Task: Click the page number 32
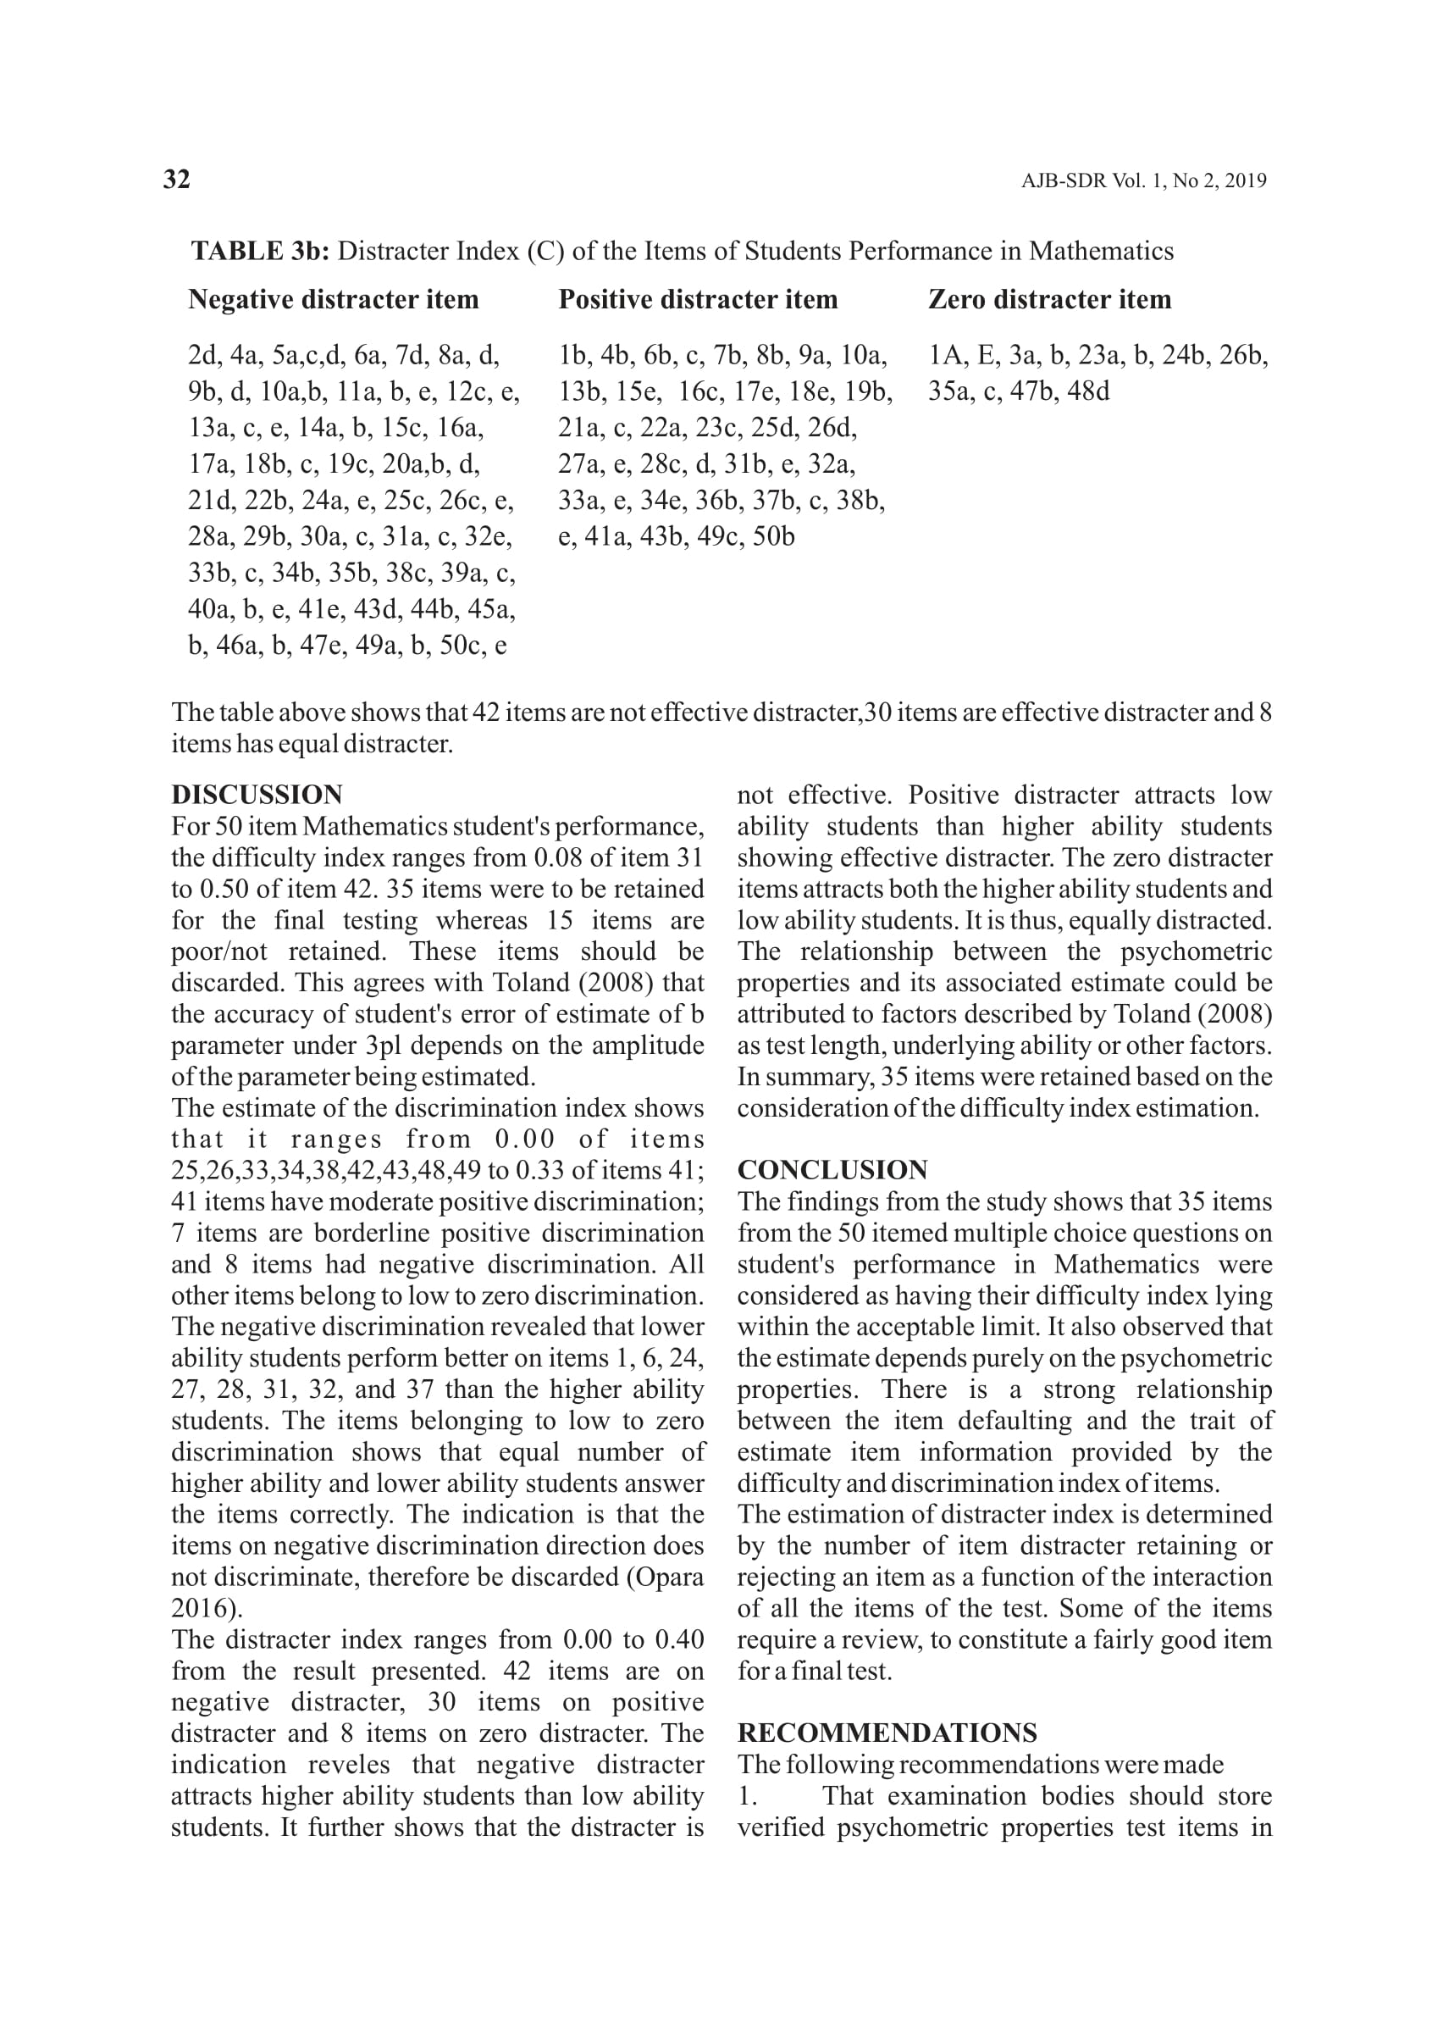(x=177, y=180)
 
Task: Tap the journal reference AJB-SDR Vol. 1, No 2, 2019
(x=1143, y=181)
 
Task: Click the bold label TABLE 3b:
(x=260, y=252)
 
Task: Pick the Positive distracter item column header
(x=698, y=300)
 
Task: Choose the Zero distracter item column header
(x=1049, y=300)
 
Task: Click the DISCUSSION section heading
(x=257, y=795)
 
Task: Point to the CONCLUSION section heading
(x=832, y=1170)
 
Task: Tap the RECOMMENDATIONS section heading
(x=887, y=1733)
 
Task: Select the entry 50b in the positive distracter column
(x=773, y=537)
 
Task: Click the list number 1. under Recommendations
(x=747, y=1796)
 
